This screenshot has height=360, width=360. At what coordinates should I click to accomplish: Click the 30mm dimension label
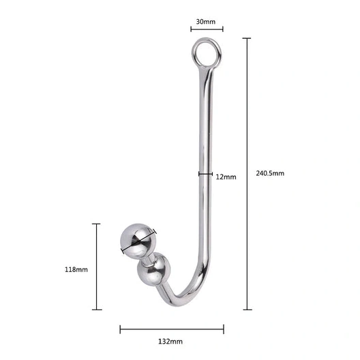[206, 22]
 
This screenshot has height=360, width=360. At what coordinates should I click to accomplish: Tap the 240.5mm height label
[270, 173]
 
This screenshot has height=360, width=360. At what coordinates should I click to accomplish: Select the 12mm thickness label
[226, 177]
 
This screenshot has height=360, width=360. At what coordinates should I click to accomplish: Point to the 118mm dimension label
[76, 269]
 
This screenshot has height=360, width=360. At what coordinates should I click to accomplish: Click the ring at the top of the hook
[206, 52]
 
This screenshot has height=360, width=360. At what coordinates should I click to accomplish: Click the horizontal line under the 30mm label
[207, 29]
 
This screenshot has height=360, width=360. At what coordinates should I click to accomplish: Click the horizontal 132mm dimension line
[172, 329]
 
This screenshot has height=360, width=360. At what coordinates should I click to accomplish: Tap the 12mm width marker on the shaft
[206, 174]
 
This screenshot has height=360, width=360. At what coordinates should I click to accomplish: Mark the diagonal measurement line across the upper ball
[138, 241]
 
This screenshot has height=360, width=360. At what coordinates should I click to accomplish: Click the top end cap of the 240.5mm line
[247, 39]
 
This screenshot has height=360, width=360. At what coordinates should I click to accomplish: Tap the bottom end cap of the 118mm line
[97, 310]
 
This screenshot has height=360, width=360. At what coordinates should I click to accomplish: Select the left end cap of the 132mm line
[121, 329]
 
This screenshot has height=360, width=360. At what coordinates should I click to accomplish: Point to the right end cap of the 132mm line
[223, 329]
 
